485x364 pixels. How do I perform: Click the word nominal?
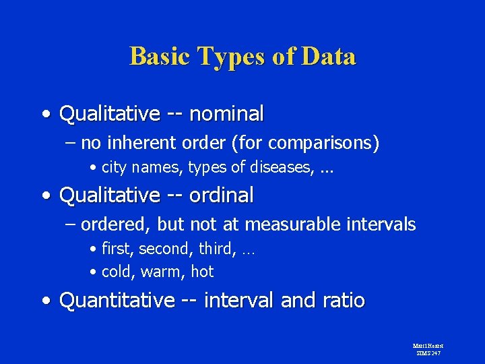(x=226, y=114)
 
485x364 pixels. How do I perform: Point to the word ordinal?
(x=222, y=195)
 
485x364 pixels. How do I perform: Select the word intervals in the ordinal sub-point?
(x=383, y=224)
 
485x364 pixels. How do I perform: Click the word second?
(x=167, y=249)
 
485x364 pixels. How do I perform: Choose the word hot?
(x=202, y=272)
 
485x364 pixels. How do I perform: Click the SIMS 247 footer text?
(x=428, y=353)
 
